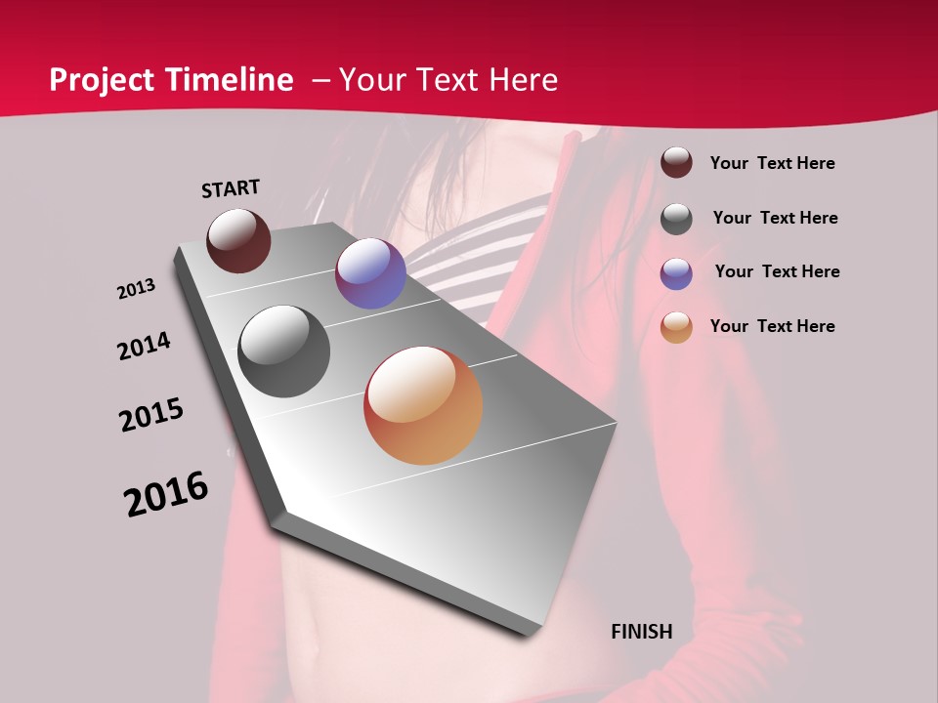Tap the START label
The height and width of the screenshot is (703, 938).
click(231, 188)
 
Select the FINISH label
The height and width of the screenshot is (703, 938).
click(642, 632)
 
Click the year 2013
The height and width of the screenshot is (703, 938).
click(136, 289)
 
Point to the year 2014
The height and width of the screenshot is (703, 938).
click(144, 346)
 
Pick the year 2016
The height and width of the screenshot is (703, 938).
click(166, 494)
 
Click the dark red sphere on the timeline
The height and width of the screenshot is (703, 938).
click(238, 240)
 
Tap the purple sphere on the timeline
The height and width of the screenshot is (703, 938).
click(370, 273)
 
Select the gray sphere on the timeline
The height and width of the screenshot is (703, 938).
click(284, 351)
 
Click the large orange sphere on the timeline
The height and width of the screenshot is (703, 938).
click(423, 405)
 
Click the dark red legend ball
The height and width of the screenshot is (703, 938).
click(676, 163)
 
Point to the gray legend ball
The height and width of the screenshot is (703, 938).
click(676, 218)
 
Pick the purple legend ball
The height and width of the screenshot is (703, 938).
click(676, 272)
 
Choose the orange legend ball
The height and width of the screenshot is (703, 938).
click(676, 327)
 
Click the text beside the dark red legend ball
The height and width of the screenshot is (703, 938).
click(773, 163)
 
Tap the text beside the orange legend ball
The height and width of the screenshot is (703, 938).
click(773, 326)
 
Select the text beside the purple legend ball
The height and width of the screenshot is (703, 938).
click(777, 271)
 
